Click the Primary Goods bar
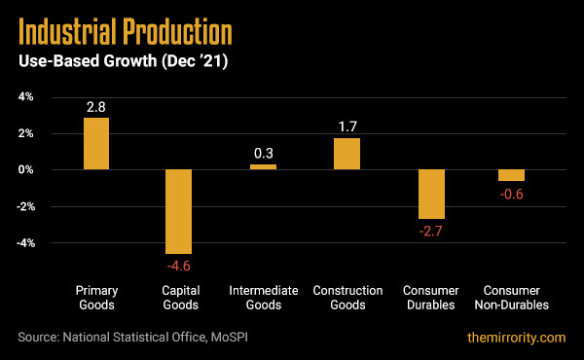coord(95,143)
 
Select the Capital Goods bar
coord(179,211)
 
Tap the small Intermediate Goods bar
coord(263,166)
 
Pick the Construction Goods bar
coord(347,153)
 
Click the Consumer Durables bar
coord(430,194)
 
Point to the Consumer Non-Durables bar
coord(511,175)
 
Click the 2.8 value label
coord(95,105)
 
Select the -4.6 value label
coord(179,266)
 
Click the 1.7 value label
coord(347,126)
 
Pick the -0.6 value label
coord(511,193)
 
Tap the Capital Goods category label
coord(179,297)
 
